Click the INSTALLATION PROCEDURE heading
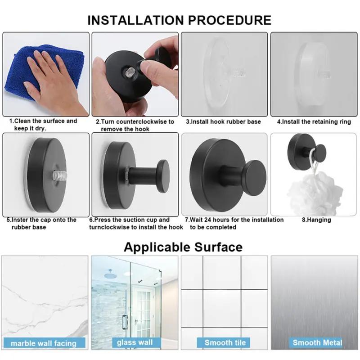pyautogui.click(x=179, y=20)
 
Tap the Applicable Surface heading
pyautogui.click(x=183, y=247)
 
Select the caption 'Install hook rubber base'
pyautogui.click(x=223, y=121)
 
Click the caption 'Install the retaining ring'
pyautogui.click(x=314, y=121)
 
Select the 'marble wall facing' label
pyautogui.click(x=44, y=343)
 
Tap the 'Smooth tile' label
pyautogui.click(x=225, y=342)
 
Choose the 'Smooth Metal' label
pyautogui.click(x=317, y=342)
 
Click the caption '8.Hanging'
pyautogui.click(x=316, y=220)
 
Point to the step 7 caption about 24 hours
pyautogui.click(x=234, y=223)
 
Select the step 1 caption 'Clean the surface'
pyautogui.click(x=43, y=125)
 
